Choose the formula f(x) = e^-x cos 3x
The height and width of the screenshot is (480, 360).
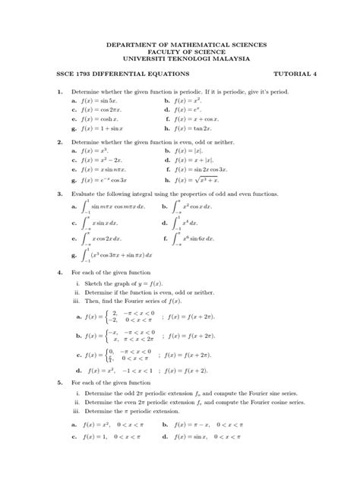(107, 181)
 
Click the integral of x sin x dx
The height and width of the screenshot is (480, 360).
(106, 223)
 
